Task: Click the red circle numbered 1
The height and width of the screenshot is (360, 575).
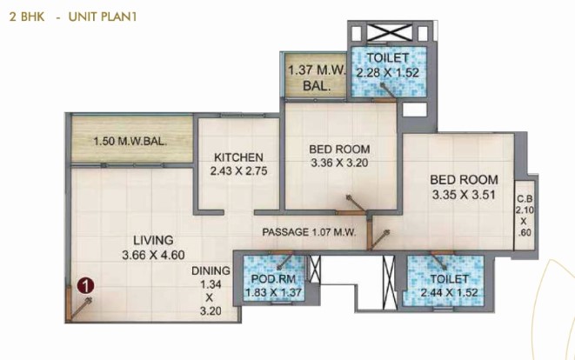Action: (86, 285)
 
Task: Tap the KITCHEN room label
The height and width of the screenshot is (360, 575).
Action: (238, 157)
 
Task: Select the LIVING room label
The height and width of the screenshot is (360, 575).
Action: (153, 240)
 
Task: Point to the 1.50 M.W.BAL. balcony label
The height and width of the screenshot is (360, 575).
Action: (130, 141)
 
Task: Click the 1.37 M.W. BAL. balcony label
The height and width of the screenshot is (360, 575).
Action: (317, 77)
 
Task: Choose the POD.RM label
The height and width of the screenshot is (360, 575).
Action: (273, 279)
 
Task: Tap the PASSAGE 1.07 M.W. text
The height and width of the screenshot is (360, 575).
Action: (309, 232)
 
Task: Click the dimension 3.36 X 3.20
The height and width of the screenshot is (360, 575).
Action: (339, 163)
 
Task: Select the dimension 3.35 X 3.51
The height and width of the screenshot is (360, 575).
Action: (464, 195)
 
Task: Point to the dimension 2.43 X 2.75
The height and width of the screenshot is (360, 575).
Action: (238, 170)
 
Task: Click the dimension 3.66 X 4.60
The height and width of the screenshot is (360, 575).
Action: (153, 255)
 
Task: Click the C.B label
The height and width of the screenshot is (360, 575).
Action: (525, 199)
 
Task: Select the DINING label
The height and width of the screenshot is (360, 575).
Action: (211, 271)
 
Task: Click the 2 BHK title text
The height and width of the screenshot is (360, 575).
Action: (27, 17)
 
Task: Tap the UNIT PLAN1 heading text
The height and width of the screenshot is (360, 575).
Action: (103, 17)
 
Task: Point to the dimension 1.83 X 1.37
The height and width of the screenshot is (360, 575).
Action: (273, 292)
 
